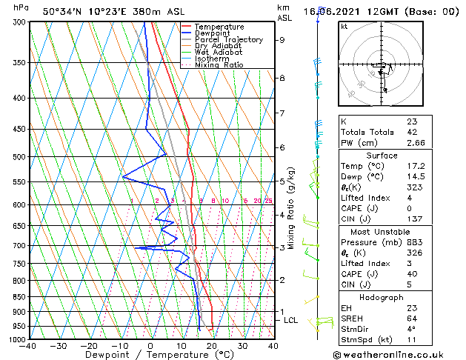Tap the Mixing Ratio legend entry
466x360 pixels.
click(219, 65)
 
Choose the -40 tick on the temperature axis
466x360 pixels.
click(28, 346)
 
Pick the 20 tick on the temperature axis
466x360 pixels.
click(212, 346)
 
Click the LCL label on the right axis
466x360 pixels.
click(291, 320)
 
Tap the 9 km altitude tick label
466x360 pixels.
click(282, 40)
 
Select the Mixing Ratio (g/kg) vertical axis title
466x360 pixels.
click(292, 208)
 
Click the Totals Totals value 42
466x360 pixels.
click(412, 131)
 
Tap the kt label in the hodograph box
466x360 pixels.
click(344, 27)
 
